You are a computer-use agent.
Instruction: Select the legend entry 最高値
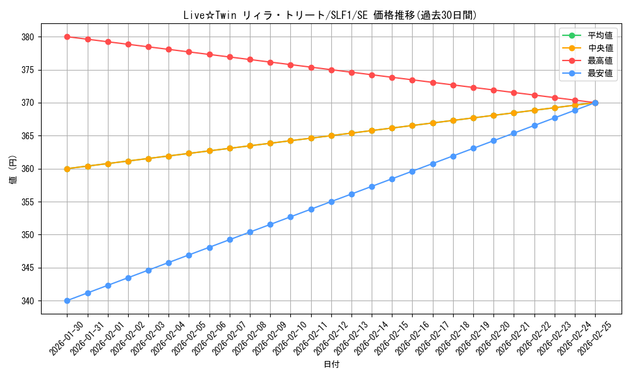(x=599, y=60)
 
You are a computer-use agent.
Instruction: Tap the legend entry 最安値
(x=599, y=73)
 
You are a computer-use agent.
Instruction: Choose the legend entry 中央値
(x=599, y=48)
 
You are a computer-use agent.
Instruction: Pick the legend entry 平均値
(x=599, y=35)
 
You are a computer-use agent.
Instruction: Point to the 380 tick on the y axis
(x=27, y=37)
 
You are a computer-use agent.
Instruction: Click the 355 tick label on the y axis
(x=27, y=202)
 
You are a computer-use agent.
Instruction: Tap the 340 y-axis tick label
(x=27, y=301)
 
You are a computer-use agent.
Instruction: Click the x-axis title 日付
(x=331, y=365)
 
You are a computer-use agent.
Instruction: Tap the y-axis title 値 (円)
(x=13, y=169)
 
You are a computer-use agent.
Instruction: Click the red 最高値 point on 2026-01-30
(x=67, y=37)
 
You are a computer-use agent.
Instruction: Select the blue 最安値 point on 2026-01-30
(x=67, y=301)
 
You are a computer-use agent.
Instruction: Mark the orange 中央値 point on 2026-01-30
(x=67, y=169)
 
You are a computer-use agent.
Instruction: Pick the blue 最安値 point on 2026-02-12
(x=331, y=202)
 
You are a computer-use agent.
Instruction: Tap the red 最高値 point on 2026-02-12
(x=331, y=70)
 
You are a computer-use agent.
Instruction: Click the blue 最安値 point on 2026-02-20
(x=493, y=140)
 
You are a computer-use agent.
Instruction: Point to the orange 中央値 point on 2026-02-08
(x=250, y=146)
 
